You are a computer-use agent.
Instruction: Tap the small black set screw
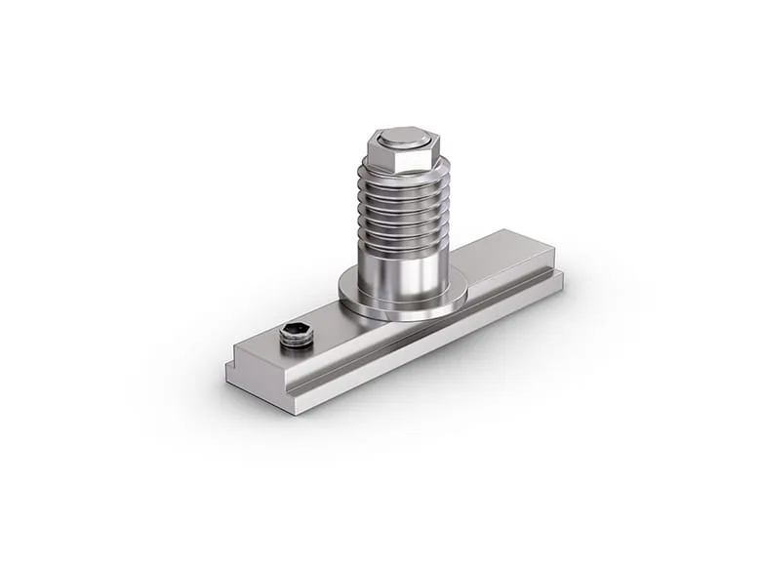(296, 337)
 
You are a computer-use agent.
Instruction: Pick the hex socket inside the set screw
(296, 332)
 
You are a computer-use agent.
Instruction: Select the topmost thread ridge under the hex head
(402, 176)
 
